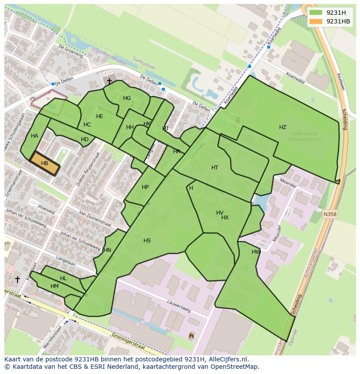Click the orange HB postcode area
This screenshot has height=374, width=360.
(x=44, y=163)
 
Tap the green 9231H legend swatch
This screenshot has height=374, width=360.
(x=316, y=13)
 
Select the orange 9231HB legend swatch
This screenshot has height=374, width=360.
(x=316, y=21)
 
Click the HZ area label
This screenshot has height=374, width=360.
(x=283, y=127)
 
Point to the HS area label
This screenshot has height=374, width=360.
(x=147, y=240)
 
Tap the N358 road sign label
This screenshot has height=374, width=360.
(x=330, y=214)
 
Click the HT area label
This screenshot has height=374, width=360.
(x=215, y=168)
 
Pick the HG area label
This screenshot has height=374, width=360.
(x=127, y=98)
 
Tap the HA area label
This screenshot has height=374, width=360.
(x=34, y=136)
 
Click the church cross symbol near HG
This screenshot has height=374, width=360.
(x=109, y=81)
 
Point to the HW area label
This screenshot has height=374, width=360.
(x=256, y=252)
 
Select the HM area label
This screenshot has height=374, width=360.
(x=54, y=286)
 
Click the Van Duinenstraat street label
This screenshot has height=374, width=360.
(x=95, y=220)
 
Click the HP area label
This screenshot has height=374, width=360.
(x=145, y=187)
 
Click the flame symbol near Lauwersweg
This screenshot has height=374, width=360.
(x=191, y=335)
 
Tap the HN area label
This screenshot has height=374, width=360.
(x=107, y=250)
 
